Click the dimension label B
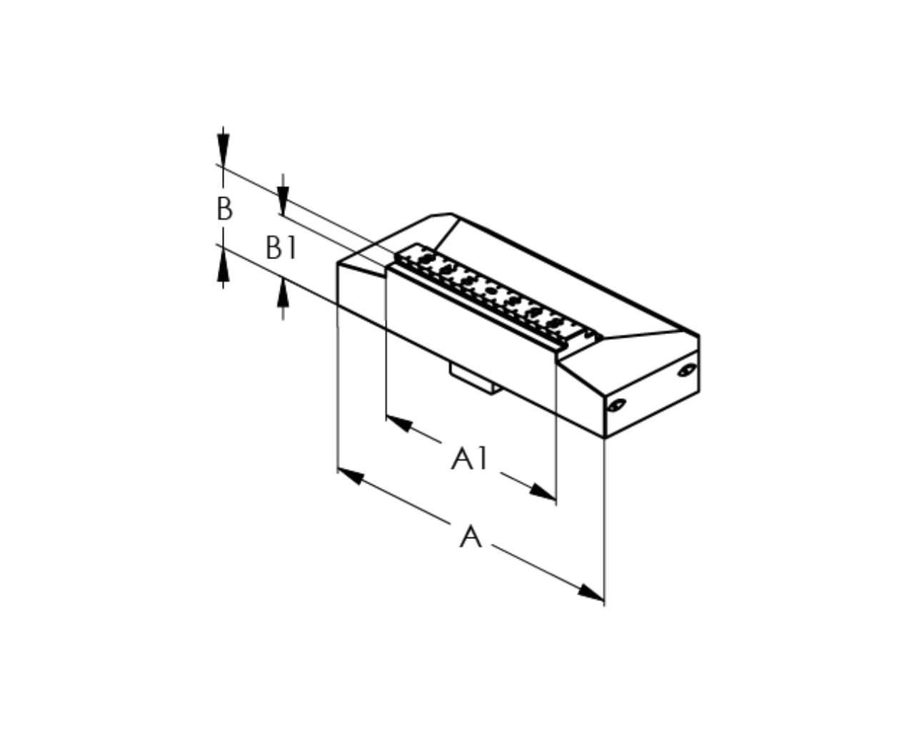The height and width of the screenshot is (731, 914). click(225, 208)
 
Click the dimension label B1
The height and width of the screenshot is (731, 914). click(281, 247)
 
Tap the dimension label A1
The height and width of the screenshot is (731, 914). click(469, 458)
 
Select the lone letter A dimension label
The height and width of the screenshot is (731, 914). click(471, 536)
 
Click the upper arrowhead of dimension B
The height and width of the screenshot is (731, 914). click(224, 149)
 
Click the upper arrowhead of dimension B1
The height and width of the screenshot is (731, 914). click(283, 201)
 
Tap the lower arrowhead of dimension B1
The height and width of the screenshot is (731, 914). click(283, 293)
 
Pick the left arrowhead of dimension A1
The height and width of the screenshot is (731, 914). click(400, 424)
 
